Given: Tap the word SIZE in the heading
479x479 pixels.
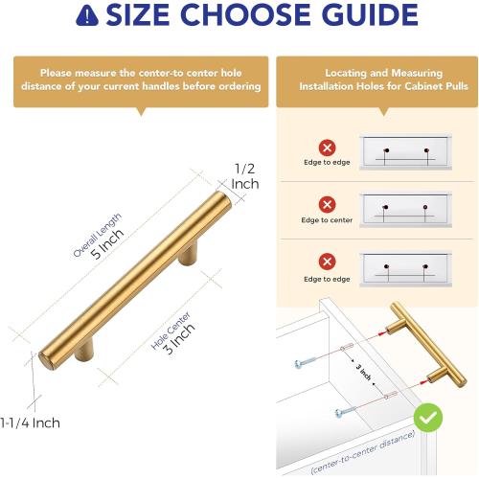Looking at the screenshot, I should [x=144, y=16].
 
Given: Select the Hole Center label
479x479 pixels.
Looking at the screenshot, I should [x=171, y=326].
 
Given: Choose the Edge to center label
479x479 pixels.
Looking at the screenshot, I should [x=327, y=219].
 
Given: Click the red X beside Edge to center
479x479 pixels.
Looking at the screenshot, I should [x=327, y=204].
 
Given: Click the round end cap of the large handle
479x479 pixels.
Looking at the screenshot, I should [x=44, y=362].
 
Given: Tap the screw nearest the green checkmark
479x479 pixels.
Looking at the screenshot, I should [x=348, y=413].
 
